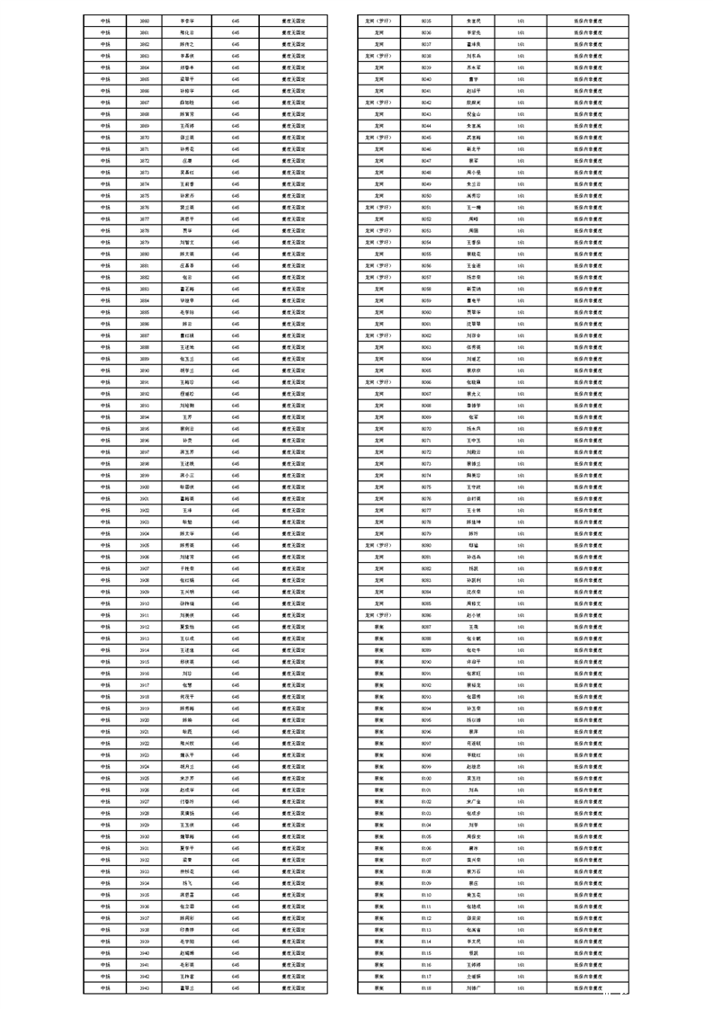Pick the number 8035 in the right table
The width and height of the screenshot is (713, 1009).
426,20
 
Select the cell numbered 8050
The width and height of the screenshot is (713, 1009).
426,195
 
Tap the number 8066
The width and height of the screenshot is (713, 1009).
426,381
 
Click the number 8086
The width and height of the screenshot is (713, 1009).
426,615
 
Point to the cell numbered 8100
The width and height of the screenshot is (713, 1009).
426,778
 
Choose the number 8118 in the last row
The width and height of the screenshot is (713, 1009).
426,988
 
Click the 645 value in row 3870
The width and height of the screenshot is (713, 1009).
236,137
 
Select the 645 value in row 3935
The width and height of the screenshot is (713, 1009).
236,895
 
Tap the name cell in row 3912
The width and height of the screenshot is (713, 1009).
187,627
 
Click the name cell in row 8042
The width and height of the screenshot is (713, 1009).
473,102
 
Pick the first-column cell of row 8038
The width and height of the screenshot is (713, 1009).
379,55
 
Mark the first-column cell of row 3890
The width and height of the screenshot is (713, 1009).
106,370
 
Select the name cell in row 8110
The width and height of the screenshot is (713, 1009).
473,895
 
